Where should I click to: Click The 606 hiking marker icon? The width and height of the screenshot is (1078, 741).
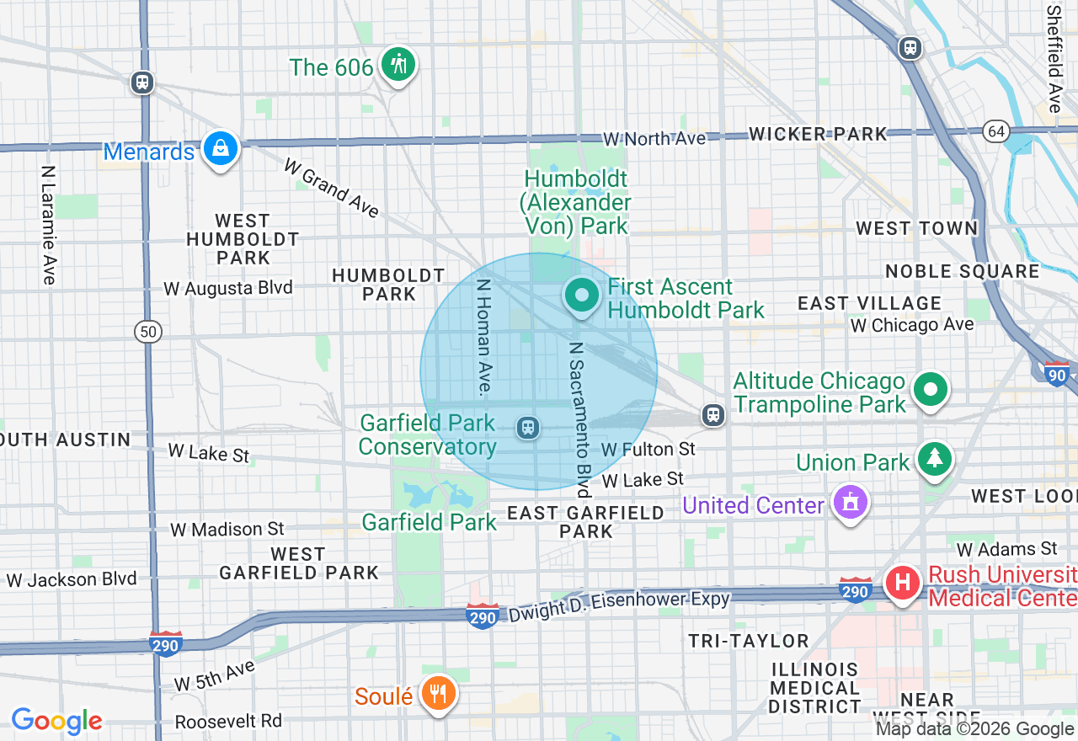click(398, 65)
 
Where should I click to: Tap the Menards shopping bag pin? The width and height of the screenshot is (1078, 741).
click(220, 148)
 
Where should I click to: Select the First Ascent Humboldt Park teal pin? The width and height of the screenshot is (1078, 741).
click(581, 296)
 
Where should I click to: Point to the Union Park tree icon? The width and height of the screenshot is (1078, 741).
click(934, 459)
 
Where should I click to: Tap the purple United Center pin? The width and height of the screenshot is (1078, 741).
click(850, 503)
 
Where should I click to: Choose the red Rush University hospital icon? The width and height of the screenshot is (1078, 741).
click(903, 582)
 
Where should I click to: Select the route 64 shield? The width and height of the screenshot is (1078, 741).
click(997, 131)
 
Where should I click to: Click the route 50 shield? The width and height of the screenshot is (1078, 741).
click(148, 332)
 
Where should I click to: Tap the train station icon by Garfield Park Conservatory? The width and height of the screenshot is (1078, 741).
click(528, 428)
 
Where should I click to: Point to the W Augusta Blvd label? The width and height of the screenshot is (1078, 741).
click(228, 288)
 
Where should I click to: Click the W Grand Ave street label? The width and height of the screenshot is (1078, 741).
click(331, 189)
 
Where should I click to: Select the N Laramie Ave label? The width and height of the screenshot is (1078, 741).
click(48, 224)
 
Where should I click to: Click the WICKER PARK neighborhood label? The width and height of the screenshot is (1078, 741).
click(818, 134)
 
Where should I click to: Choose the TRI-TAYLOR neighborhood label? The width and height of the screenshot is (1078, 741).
click(749, 641)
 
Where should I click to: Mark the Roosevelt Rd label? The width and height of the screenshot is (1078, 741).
click(228, 722)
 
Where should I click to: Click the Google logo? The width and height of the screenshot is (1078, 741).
click(56, 721)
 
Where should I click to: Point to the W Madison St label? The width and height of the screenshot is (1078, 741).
click(227, 530)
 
